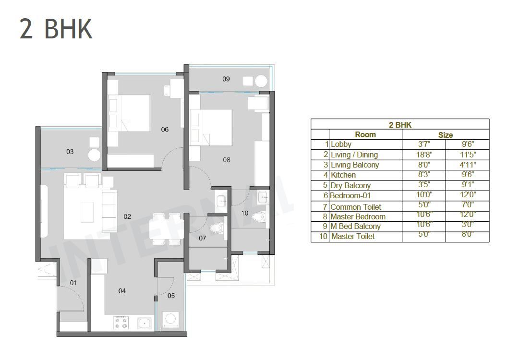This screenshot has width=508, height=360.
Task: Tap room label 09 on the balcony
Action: [226, 79]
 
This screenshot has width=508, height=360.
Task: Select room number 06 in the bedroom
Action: [165, 130]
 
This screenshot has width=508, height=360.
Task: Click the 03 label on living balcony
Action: [70, 152]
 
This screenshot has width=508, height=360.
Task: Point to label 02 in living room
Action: [127, 216]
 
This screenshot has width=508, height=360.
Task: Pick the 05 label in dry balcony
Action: [171, 296]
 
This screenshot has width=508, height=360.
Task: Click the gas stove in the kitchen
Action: [121, 323]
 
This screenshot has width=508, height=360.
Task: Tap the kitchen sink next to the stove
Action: [145, 323]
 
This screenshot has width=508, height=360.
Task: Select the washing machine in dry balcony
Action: [170, 320]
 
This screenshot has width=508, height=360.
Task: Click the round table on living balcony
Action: [95, 155]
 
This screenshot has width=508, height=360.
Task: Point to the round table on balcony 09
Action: [261, 81]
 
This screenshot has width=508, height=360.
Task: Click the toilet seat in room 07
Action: [217, 228]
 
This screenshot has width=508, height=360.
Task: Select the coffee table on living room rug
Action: [87, 212]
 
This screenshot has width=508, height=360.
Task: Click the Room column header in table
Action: [365, 134]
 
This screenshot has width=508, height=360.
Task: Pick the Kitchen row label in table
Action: [343, 175]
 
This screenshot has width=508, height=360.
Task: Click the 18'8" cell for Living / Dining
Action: [424, 155]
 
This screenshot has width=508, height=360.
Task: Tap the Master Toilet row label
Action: [353, 236]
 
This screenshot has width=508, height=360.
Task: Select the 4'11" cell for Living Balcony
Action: [467, 165]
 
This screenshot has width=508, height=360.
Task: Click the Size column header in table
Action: [445, 135]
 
